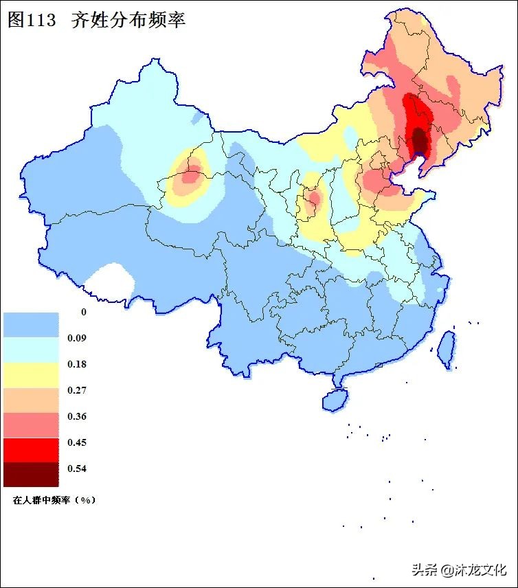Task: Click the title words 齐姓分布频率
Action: point(128,20)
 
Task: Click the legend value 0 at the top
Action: point(84,312)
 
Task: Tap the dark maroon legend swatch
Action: point(31,474)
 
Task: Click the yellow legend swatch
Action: point(31,374)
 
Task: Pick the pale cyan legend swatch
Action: point(31,350)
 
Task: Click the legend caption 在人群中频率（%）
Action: point(54,500)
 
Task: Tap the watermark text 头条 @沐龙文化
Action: point(459,569)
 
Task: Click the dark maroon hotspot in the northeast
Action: point(418,141)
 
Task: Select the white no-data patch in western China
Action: point(110,281)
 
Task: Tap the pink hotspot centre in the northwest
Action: point(192,174)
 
